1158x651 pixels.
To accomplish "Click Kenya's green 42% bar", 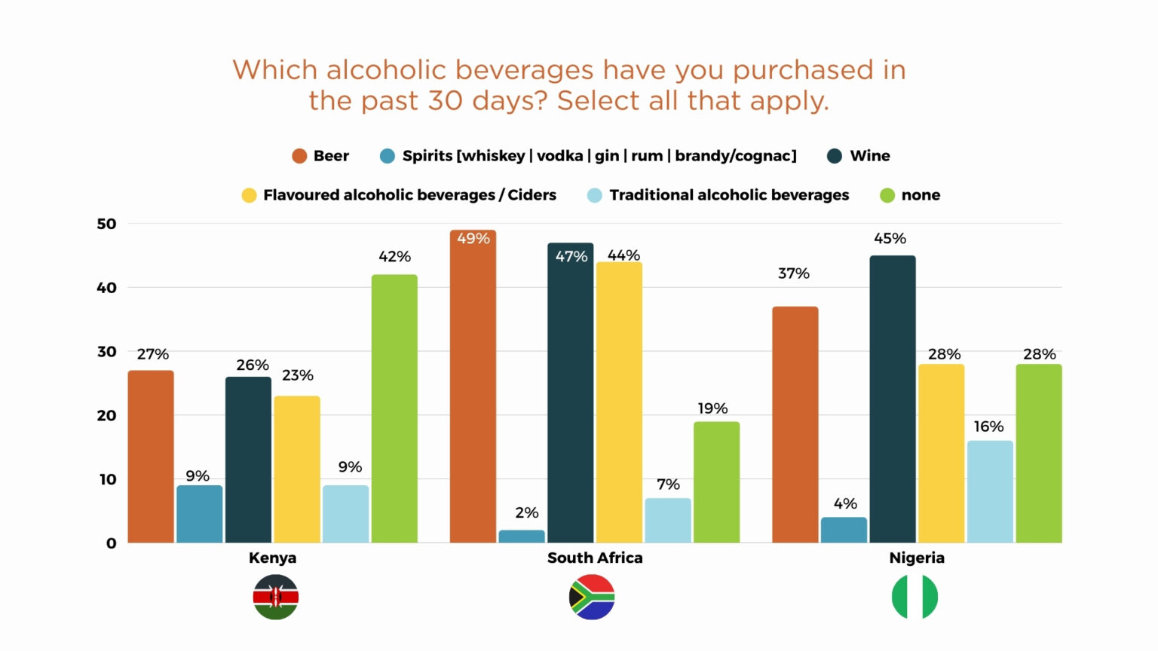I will [394, 408].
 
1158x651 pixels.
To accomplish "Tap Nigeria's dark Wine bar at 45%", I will [893, 399].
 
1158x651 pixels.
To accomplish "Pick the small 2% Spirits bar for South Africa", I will [522, 536].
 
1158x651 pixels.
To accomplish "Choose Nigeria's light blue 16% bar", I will [990, 491].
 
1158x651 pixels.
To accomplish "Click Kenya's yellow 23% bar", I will [297, 469].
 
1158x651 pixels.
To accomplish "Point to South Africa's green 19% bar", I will [716, 482].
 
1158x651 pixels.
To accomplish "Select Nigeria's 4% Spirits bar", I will [844, 530].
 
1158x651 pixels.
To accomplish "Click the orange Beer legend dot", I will [299, 156].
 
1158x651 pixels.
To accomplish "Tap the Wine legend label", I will [870, 156].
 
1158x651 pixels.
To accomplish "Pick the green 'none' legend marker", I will [887, 195].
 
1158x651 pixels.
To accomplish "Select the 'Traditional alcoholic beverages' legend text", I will [729, 195].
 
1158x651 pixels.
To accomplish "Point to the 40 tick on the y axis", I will [106, 288].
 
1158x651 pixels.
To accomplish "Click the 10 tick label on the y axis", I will [108, 479].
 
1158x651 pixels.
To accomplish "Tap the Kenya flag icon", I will [276, 597].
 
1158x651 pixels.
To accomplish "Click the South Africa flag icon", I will [592, 597].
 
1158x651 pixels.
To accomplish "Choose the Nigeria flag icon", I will [914, 597].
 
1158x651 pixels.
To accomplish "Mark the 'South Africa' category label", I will [595, 558].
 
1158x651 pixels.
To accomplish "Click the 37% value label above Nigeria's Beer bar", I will [794, 274].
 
